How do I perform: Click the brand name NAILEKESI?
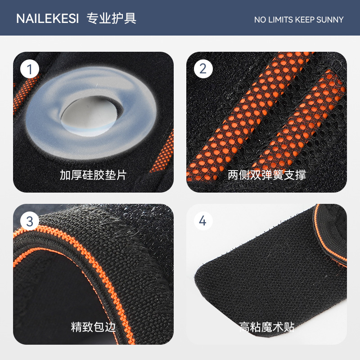(x=48, y=18)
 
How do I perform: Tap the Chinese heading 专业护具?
(x=112, y=18)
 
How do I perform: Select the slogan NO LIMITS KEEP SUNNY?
(x=299, y=20)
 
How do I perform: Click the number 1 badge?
(x=30, y=69)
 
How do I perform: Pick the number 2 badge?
(x=203, y=69)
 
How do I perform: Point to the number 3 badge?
(x=30, y=221)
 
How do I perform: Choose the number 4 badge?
(x=203, y=221)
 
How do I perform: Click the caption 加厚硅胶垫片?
(x=93, y=175)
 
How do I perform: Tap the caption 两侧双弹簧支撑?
(x=267, y=175)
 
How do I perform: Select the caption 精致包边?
(x=93, y=327)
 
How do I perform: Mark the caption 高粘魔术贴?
(x=267, y=327)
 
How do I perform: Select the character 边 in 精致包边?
(x=110, y=327)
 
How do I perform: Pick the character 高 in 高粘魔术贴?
(x=244, y=327)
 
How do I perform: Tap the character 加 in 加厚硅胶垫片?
(x=65, y=175)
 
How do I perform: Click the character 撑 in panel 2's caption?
(x=301, y=175)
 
